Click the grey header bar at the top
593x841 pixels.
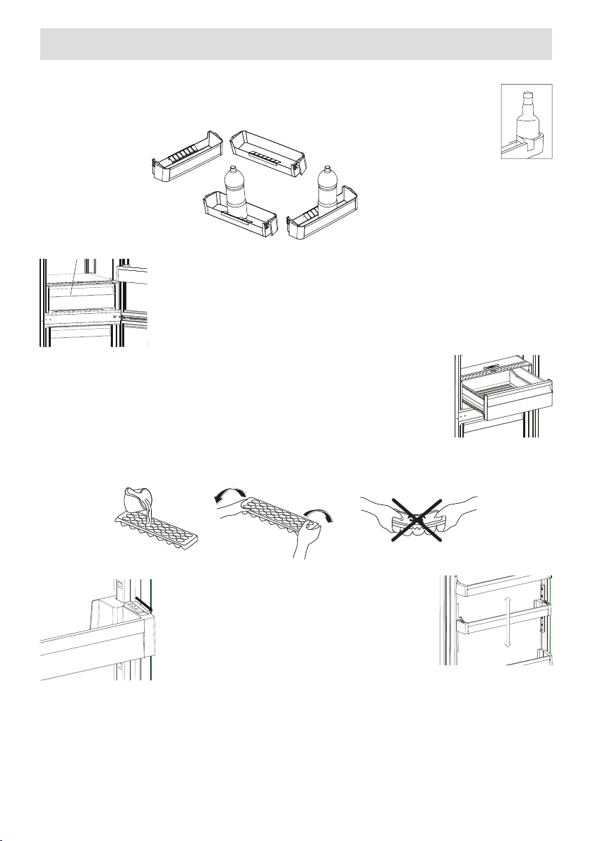[x=296, y=44]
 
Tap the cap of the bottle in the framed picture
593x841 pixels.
[x=527, y=95]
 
